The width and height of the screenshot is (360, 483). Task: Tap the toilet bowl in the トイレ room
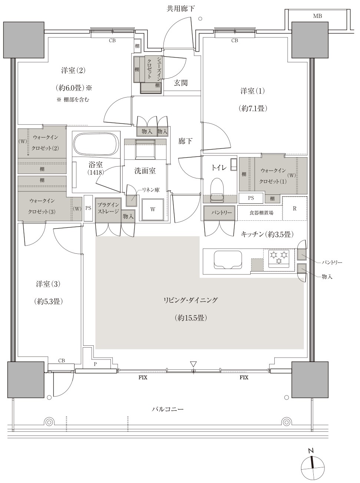coord(217,190)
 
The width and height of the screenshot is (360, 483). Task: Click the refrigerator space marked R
coord(295,208)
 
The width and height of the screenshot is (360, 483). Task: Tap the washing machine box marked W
coord(153,210)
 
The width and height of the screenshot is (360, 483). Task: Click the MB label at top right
coord(318,16)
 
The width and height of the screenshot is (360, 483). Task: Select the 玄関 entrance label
coord(181,83)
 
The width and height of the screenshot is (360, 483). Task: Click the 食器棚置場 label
coord(261,213)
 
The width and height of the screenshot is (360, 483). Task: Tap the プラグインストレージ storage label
coord(108,208)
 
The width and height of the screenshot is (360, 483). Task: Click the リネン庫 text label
coord(151,190)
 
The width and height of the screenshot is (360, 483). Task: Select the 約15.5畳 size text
coord(191,318)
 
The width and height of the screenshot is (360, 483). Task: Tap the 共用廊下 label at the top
coord(181,9)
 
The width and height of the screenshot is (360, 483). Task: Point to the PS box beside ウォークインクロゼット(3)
coord(88,208)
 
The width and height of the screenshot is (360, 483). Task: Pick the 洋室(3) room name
coord(48,284)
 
